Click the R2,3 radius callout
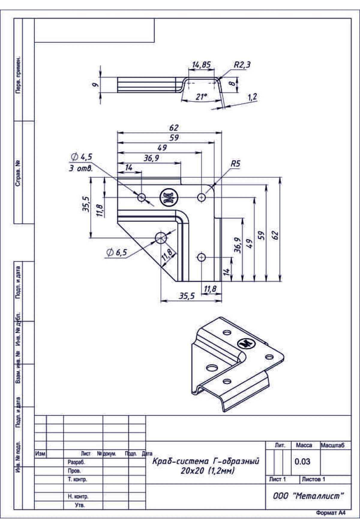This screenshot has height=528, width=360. click(x=242, y=65)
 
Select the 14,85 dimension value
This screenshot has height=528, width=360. click(x=201, y=65)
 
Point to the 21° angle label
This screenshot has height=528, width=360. click(x=201, y=97)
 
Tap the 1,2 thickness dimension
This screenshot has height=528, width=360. click(x=252, y=97)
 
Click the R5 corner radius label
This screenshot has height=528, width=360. click(x=235, y=164)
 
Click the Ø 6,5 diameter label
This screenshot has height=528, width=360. click(x=117, y=253)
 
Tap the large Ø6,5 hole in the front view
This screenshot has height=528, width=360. click(x=161, y=238)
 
